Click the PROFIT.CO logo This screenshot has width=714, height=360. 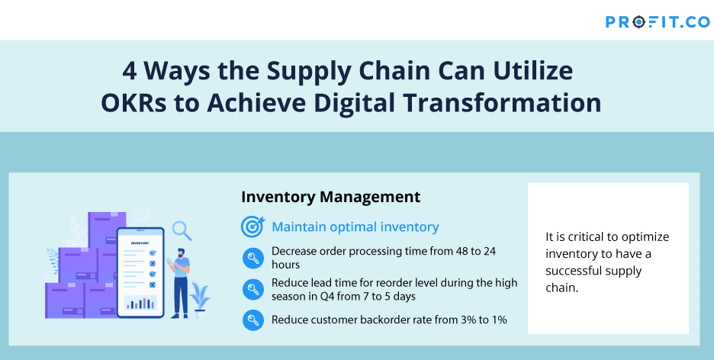click(x=657, y=22)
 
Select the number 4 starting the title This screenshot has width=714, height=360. click(x=130, y=72)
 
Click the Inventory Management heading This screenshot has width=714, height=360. click(x=330, y=197)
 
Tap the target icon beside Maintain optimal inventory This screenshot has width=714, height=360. click(x=252, y=227)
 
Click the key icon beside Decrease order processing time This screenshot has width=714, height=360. click(x=252, y=258)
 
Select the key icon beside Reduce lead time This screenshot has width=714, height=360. click(x=252, y=289)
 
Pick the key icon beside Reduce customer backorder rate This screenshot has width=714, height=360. click(x=252, y=320)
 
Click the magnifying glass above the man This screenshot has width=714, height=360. click(x=182, y=231)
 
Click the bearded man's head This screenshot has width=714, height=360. click(x=181, y=252)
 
